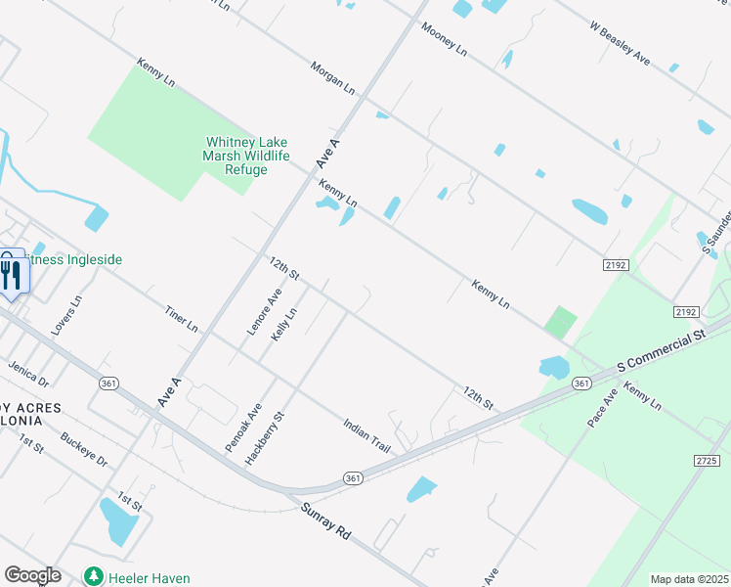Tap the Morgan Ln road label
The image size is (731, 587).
tap(332, 77)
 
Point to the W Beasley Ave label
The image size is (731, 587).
tap(620, 45)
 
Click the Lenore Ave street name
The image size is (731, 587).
tap(265, 312)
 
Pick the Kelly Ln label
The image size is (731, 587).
tap(283, 323)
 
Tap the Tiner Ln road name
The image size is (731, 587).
tap(182, 316)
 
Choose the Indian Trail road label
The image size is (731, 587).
tap(366, 435)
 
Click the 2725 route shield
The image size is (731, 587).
tap(708, 460)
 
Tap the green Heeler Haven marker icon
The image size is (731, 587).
tap(94, 577)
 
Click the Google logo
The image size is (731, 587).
tap(32, 575)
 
